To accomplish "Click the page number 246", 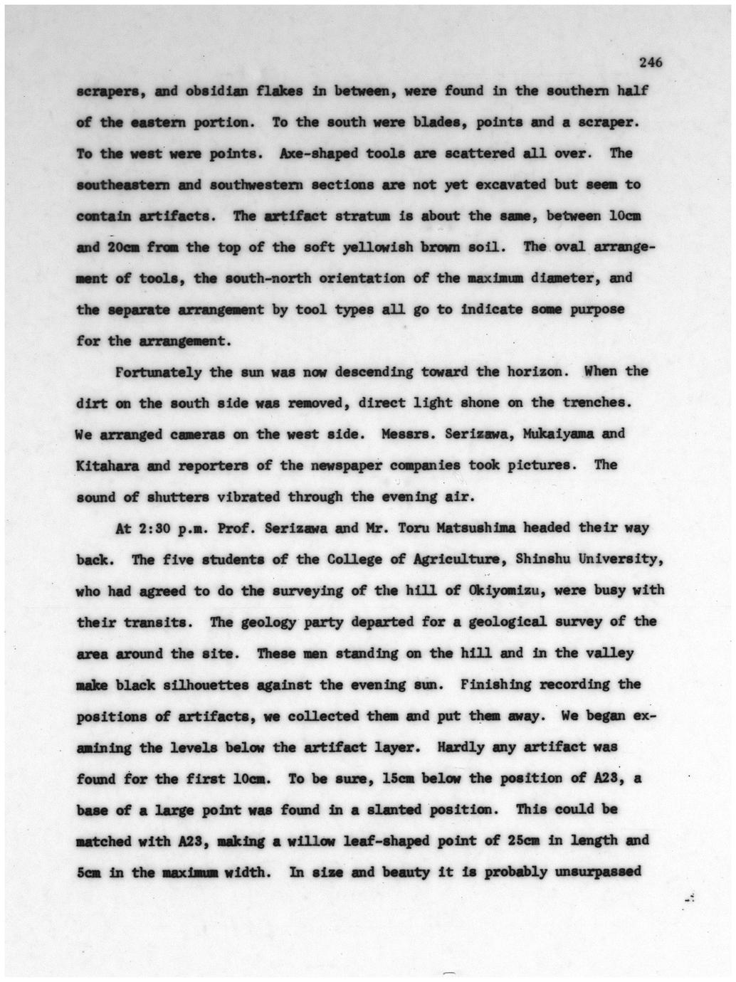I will [651, 63].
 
